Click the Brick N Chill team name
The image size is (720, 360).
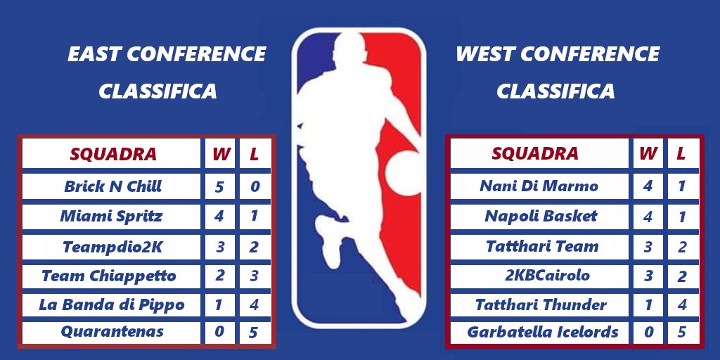pyautogui.click(x=112, y=186)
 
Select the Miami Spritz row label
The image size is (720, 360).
pyautogui.click(x=111, y=216)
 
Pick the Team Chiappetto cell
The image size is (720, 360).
pyautogui.click(x=108, y=276)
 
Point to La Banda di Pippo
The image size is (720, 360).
pyautogui.click(x=112, y=304)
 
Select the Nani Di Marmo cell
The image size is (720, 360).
pyautogui.click(x=539, y=186)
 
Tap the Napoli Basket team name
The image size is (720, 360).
pyautogui.click(x=541, y=216)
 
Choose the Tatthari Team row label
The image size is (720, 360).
pyautogui.click(x=541, y=246)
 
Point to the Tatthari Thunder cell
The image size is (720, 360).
pyautogui.click(x=541, y=304)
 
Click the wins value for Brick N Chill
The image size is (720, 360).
pyautogui.click(x=220, y=186)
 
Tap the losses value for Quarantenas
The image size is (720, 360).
pyautogui.click(x=254, y=332)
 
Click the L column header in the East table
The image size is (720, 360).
pyautogui.click(x=255, y=154)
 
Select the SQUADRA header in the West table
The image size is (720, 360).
pyautogui.click(x=535, y=153)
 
